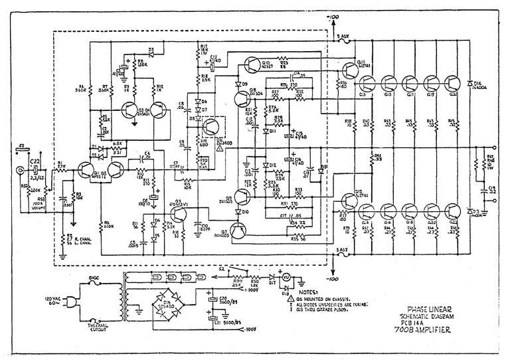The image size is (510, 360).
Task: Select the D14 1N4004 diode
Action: point(472,82)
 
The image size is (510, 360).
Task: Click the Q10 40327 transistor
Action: point(254,64)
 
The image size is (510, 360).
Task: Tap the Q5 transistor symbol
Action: point(178,214)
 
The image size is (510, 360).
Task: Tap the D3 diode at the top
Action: point(151,50)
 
